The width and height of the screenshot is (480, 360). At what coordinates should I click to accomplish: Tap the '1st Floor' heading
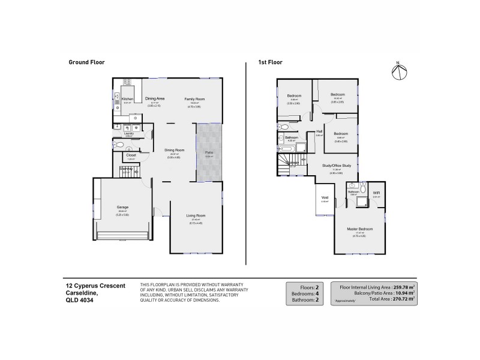click(x=271, y=62)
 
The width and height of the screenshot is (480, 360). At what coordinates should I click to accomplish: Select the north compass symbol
click(x=398, y=70)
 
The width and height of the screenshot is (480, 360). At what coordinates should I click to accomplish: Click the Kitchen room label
click(x=127, y=99)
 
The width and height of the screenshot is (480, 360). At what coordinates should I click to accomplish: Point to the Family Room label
click(x=194, y=98)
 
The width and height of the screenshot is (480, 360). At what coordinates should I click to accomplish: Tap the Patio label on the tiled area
click(x=209, y=152)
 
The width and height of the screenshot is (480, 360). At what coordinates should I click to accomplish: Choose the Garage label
click(x=122, y=207)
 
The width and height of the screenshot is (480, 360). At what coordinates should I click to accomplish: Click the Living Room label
click(x=196, y=215)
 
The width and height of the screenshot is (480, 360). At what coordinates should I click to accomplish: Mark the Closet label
click(x=131, y=155)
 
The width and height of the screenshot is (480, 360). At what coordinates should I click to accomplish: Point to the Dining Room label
click(x=174, y=150)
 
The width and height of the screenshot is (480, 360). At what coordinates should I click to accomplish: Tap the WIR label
click(x=376, y=193)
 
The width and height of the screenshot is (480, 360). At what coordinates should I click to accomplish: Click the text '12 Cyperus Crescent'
click(x=95, y=286)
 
